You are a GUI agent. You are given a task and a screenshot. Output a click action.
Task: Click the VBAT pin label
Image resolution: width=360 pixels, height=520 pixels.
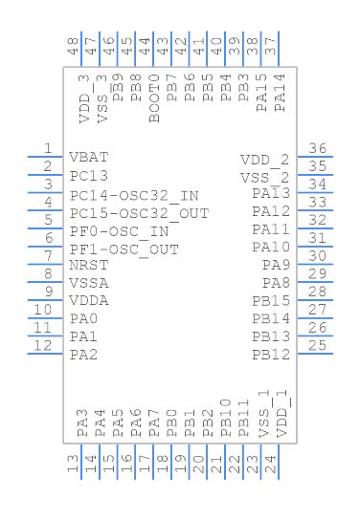[89, 158]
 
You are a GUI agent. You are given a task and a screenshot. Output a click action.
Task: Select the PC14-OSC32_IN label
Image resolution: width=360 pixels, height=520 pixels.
[134, 194]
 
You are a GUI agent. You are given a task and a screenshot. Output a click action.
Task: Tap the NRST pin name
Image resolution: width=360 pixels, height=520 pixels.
[89, 265]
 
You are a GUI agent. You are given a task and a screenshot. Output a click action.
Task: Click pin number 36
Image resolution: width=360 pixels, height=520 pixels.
[317, 149]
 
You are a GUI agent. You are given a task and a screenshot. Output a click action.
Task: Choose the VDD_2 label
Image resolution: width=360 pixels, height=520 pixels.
[264, 160]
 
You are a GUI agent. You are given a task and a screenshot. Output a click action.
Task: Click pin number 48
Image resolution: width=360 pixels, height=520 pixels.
[73, 44]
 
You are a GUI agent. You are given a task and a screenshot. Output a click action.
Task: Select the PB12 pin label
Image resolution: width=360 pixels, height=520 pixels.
[271, 356]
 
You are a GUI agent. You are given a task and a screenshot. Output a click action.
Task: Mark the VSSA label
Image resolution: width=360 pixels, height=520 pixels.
[89, 283]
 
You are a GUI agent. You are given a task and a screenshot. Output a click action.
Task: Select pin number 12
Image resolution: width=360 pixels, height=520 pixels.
[41, 345]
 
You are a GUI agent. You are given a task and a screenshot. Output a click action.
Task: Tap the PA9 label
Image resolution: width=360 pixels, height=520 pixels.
[276, 265]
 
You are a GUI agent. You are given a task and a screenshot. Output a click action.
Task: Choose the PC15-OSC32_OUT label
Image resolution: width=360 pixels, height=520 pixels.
[139, 212]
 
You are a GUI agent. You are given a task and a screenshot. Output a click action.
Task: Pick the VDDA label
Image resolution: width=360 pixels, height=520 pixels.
[89, 301]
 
